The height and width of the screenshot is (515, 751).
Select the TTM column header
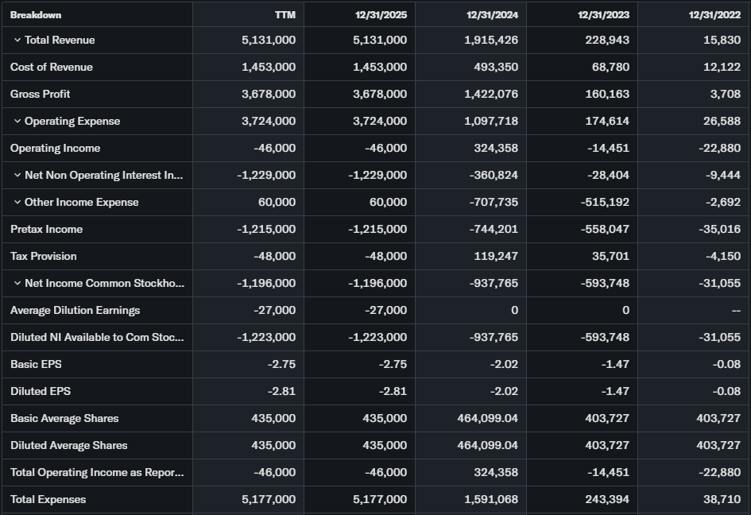[x=285, y=14]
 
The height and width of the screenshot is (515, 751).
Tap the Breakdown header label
[x=36, y=14]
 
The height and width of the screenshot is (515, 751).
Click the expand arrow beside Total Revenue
[x=17, y=41]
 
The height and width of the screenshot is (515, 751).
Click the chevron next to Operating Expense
[x=17, y=122]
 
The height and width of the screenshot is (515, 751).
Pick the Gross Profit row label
[x=40, y=94]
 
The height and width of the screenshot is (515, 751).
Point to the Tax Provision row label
[x=44, y=256]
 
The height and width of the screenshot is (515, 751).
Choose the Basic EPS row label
[x=36, y=364]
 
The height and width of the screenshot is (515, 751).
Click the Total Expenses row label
[x=48, y=499]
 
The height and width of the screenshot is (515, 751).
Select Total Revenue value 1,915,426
[x=491, y=40]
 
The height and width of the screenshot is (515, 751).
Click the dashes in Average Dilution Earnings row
[x=735, y=310]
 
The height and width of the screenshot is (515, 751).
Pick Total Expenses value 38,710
[x=722, y=499]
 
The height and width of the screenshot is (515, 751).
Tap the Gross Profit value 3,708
[x=726, y=94]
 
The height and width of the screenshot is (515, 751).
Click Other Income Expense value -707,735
[x=494, y=202]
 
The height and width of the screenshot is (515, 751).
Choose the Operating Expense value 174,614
[x=607, y=121]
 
